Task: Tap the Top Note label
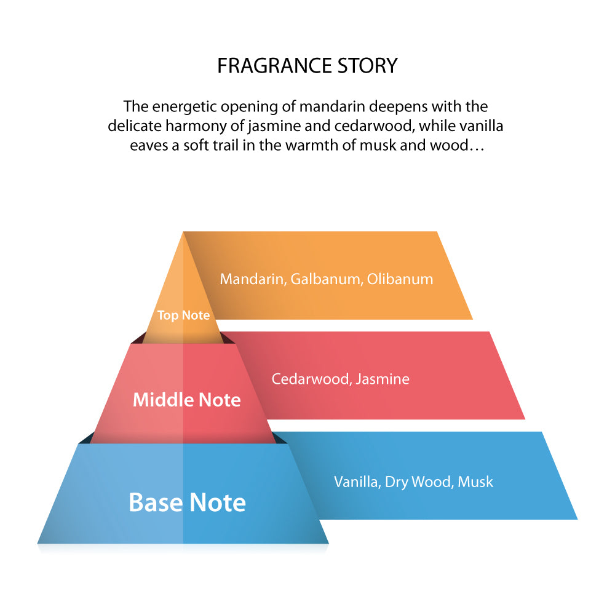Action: (x=183, y=315)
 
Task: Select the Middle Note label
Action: (x=187, y=400)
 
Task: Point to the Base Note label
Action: (x=187, y=502)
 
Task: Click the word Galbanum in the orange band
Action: (x=325, y=279)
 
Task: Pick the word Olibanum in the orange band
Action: (x=400, y=279)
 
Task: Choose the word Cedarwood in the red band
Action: (x=311, y=379)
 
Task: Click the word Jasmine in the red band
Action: (x=383, y=379)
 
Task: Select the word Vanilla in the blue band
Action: (x=356, y=482)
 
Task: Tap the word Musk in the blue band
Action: (x=477, y=482)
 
